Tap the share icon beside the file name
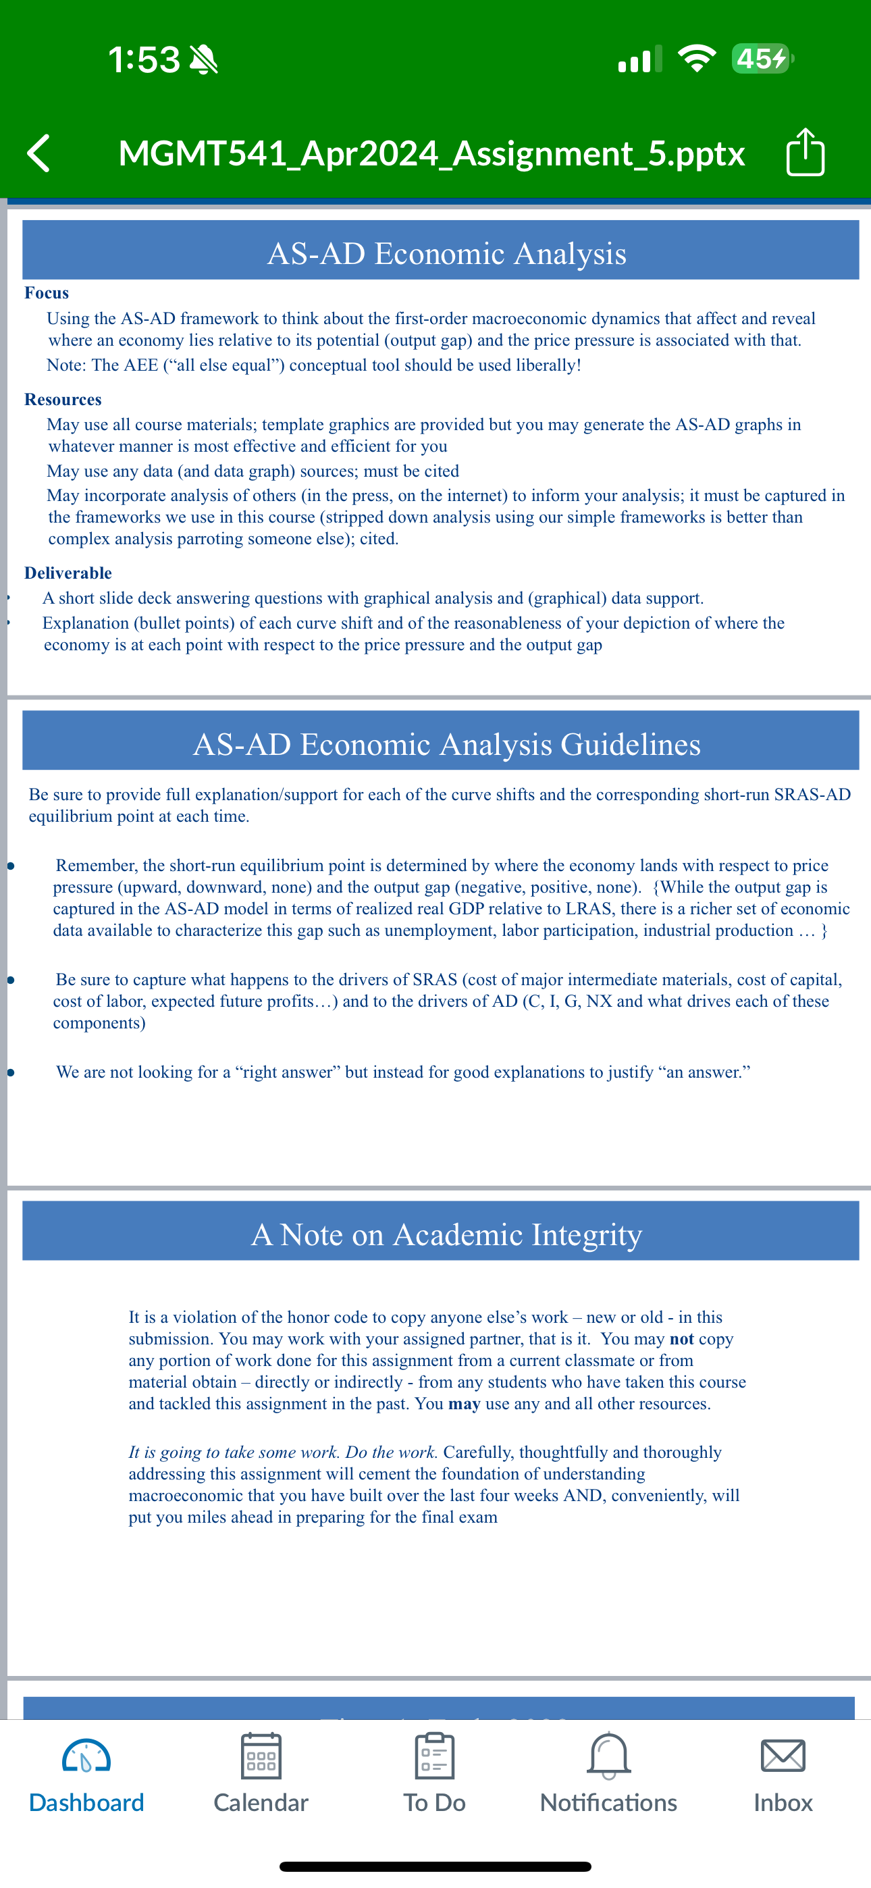(x=805, y=153)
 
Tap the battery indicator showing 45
(x=762, y=59)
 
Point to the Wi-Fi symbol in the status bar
(x=697, y=59)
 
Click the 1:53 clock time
(x=144, y=59)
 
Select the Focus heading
(x=47, y=293)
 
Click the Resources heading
(x=63, y=400)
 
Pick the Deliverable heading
(x=68, y=573)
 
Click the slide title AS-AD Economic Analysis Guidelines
(x=446, y=744)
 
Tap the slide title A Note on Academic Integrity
(x=446, y=1234)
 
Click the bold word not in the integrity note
(x=682, y=1339)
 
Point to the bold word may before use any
(x=464, y=1404)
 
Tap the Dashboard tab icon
(x=86, y=1756)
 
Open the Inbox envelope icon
(x=783, y=1756)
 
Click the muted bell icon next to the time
(x=204, y=59)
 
